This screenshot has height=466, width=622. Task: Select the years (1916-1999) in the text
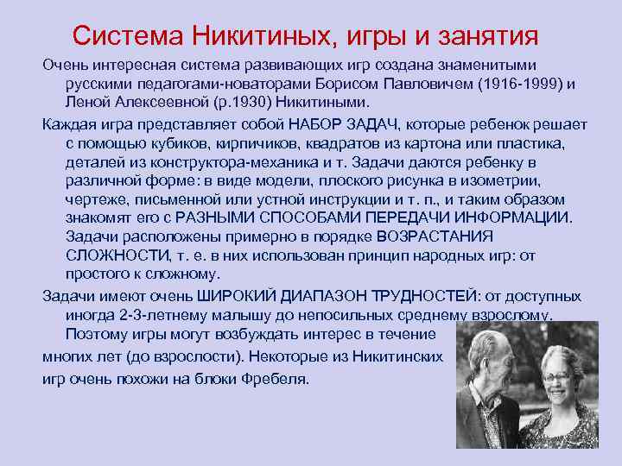519,84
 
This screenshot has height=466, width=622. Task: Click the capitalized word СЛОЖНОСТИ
111,255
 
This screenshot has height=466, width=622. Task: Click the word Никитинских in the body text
403,356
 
